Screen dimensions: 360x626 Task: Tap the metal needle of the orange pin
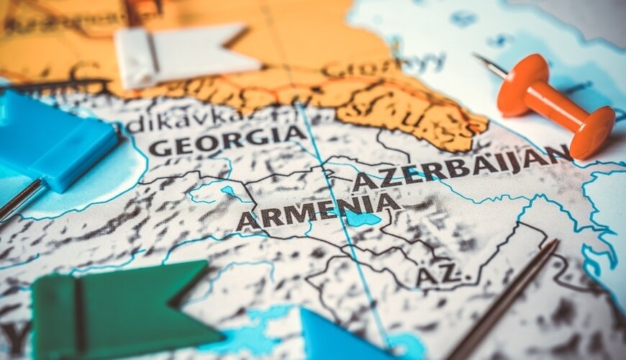(x=491, y=66)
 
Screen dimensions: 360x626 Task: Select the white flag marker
(x=183, y=56)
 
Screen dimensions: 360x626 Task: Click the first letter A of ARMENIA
(x=248, y=221)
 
